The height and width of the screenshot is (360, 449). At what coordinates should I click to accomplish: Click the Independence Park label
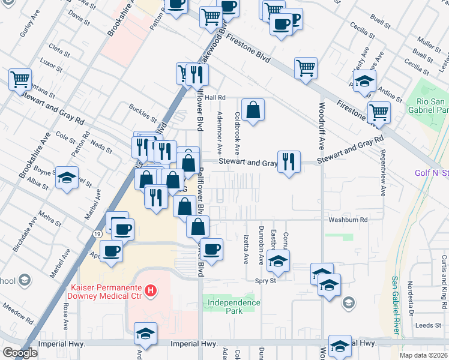(234, 302)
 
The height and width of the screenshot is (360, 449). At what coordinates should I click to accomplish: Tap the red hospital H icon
(151, 292)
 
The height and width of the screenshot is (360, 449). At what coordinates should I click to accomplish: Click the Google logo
(20, 352)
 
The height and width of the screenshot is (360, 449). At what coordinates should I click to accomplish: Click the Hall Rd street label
(214, 97)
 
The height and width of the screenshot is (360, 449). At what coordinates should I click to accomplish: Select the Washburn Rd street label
(347, 220)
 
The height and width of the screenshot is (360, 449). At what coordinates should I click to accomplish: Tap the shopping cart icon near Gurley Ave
(20, 79)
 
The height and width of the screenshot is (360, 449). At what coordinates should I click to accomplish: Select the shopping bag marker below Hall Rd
(253, 110)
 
